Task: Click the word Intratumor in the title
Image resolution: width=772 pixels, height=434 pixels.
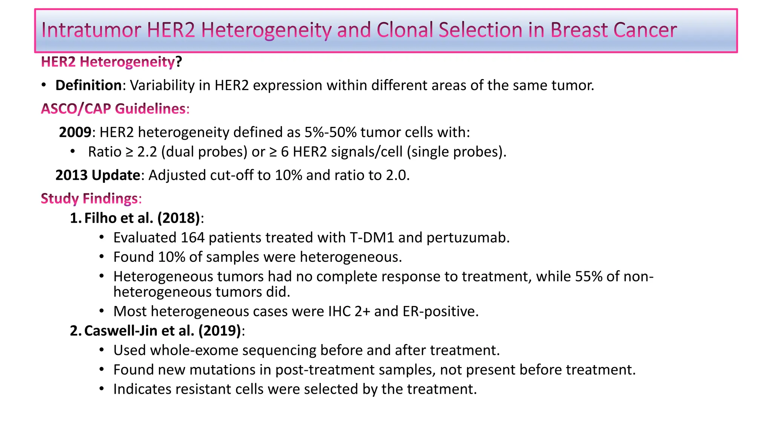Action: point(91,30)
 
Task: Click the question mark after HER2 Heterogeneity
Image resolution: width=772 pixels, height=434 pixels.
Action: point(179,62)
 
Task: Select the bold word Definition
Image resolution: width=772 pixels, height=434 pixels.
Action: point(88,86)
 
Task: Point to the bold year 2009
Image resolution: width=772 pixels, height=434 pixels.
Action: point(75,132)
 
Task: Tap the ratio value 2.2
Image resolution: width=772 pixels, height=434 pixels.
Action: point(147,152)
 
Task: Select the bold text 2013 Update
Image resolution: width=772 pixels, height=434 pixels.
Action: point(98,175)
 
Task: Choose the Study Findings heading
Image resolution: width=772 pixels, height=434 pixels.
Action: point(89,199)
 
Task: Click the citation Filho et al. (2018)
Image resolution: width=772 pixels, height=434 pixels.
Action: point(142,218)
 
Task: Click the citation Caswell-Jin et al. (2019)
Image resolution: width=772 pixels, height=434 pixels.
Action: point(162,331)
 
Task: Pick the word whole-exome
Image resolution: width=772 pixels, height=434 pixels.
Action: point(194,350)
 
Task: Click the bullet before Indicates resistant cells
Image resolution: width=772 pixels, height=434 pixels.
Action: point(101,389)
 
